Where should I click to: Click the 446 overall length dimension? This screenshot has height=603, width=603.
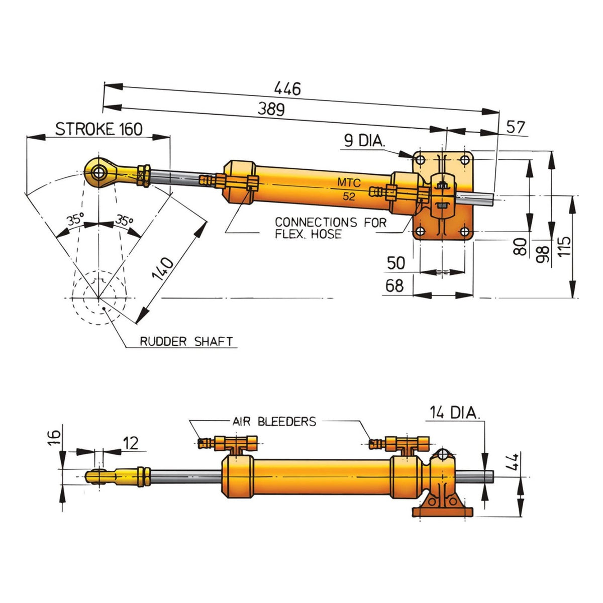click(x=287, y=88)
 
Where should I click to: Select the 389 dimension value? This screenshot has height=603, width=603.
click(x=271, y=109)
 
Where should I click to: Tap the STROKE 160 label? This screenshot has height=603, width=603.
click(x=99, y=129)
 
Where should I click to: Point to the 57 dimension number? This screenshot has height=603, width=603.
click(x=515, y=127)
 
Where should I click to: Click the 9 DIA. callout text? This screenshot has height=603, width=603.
click(x=364, y=141)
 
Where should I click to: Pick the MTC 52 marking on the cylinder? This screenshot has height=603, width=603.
click(x=349, y=189)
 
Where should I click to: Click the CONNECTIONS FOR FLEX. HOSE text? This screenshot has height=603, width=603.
click(x=331, y=228)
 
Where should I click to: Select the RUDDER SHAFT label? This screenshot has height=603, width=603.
click(x=186, y=341)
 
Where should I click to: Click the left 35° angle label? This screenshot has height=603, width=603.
click(x=75, y=219)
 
